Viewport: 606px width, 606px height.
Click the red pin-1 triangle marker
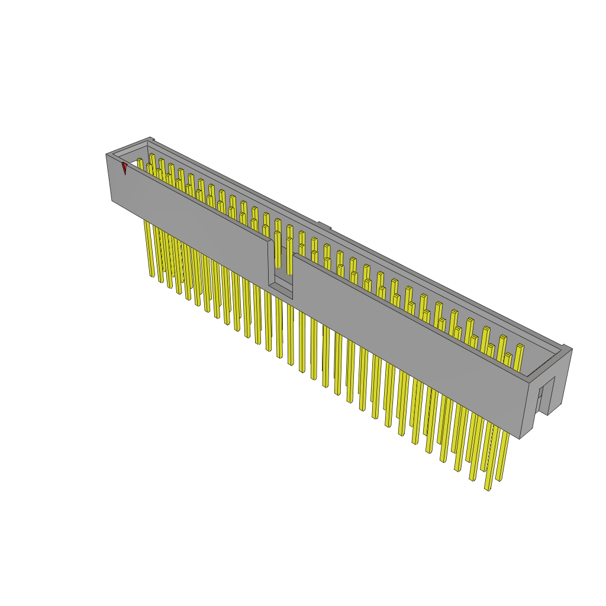click(124, 168)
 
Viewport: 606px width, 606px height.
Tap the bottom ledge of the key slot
click(281, 290)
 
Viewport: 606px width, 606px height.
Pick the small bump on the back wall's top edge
click(323, 225)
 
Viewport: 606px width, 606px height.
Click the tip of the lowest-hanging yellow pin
click(488, 488)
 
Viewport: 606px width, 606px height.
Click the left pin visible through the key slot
click(277, 249)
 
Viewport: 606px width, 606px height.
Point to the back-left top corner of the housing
click(149, 138)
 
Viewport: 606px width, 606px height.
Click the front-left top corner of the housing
click(107, 155)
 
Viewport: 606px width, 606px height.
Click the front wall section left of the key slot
click(189, 219)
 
